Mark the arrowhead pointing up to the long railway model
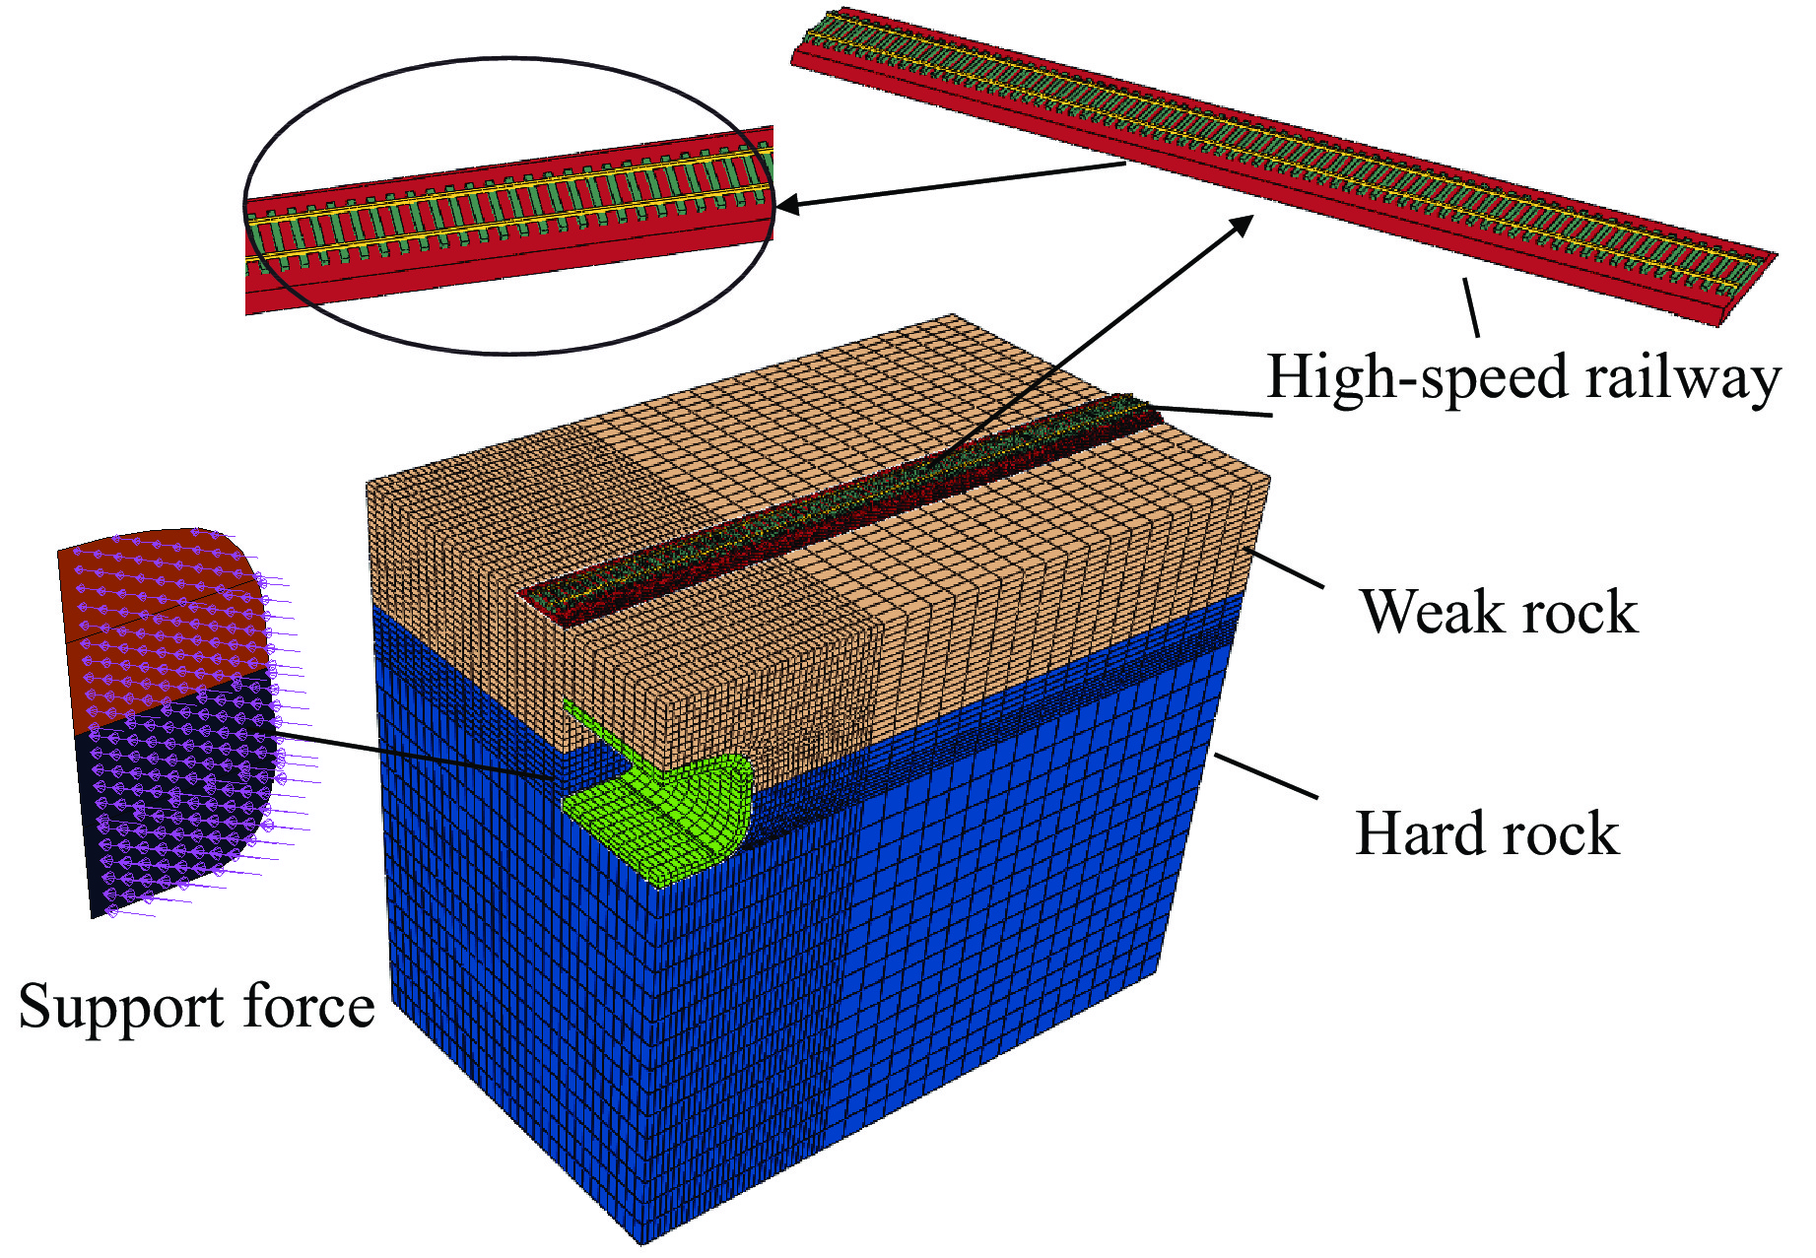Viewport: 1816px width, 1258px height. pyautogui.click(x=1244, y=224)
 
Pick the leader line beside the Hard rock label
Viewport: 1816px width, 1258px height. pyautogui.click(x=1266, y=776)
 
